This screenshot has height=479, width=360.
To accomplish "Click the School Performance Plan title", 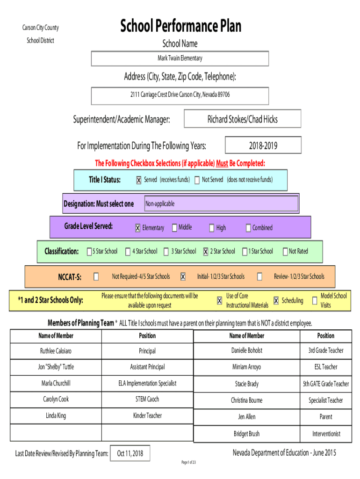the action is point(180,26).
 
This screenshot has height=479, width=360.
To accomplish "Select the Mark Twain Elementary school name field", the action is point(180,58).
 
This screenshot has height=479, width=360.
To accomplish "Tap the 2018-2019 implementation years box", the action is point(263,145).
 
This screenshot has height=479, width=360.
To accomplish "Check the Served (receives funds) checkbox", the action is point(139,180).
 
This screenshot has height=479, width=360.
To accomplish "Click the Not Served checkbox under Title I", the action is point(197,180).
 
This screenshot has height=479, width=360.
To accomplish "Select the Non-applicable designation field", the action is point(221,203).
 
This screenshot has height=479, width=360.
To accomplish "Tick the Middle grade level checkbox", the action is point(174,228).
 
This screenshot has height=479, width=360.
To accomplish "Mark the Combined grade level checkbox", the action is point(248,228).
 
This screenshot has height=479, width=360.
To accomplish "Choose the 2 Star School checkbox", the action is point(206,251).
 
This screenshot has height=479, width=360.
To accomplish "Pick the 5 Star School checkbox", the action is point(89,251).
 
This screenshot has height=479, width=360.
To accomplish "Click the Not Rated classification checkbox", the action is point(285,251).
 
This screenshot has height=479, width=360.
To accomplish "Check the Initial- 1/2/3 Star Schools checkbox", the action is point(183,277).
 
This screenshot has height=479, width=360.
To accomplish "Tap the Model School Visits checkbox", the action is point(315,301).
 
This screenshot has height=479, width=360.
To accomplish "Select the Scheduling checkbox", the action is point(276,301).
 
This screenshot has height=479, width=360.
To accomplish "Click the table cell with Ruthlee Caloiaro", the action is point(56,351).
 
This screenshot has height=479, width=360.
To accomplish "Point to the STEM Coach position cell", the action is point(147,399).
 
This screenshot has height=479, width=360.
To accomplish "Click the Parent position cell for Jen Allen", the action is point(326,417).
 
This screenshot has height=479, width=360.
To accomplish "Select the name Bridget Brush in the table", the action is point(247,434).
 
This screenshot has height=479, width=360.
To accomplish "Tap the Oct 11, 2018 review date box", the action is point(130,453).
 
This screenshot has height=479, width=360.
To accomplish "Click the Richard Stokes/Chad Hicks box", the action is point(243,119).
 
